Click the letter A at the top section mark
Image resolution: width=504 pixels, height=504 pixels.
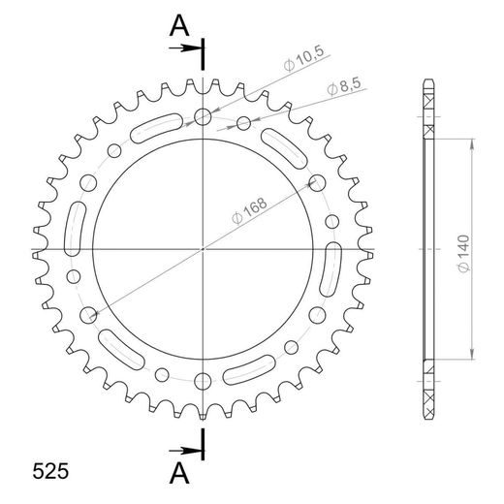(178, 27)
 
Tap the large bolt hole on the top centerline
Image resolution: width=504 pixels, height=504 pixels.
(203, 117)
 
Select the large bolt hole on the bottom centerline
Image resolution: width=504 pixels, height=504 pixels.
(203, 380)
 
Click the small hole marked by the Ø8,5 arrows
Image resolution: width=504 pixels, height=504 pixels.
(243, 122)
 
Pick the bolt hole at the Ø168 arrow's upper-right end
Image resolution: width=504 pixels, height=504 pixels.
(316, 182)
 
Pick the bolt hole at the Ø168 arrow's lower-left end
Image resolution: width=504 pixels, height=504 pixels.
(89, 314)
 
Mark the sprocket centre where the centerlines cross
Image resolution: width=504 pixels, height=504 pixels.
(203, 249)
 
